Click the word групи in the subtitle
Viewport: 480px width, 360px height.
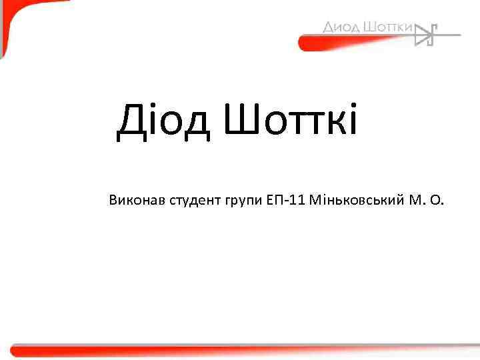coord(235,201)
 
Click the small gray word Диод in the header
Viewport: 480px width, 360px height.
coord(341,27)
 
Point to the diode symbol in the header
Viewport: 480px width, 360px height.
coord(427,34)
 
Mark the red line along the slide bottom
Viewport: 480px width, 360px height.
coord(240,349)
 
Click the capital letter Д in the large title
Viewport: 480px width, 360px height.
coord(131,123)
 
